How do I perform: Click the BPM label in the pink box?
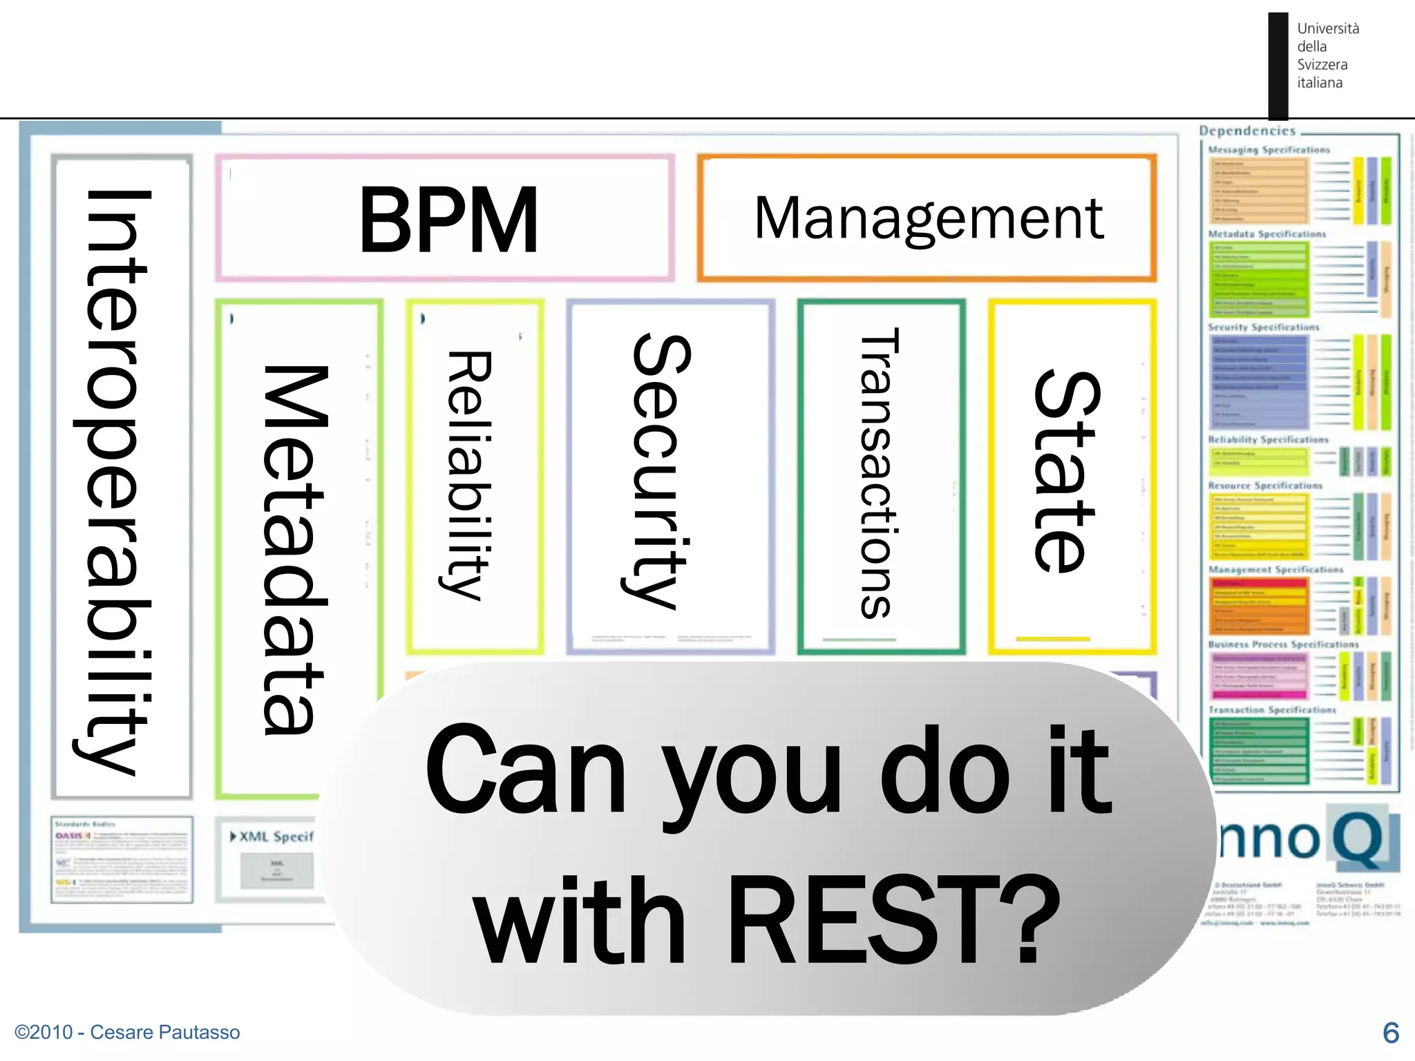[448, 220]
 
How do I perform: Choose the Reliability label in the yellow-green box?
[468, 475]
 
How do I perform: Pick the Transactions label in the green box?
[879, 473]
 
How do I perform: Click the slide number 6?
[1390, 1033]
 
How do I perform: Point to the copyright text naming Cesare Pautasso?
[127, 1032]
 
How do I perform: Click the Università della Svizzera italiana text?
[1327, 55]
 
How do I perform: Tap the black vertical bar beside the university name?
[1278, 66]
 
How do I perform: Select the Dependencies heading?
[1247, 131]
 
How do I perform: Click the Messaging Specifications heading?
[1269, 150]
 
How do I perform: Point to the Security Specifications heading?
[1263, 327]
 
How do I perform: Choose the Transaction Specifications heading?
[1272, 709]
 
